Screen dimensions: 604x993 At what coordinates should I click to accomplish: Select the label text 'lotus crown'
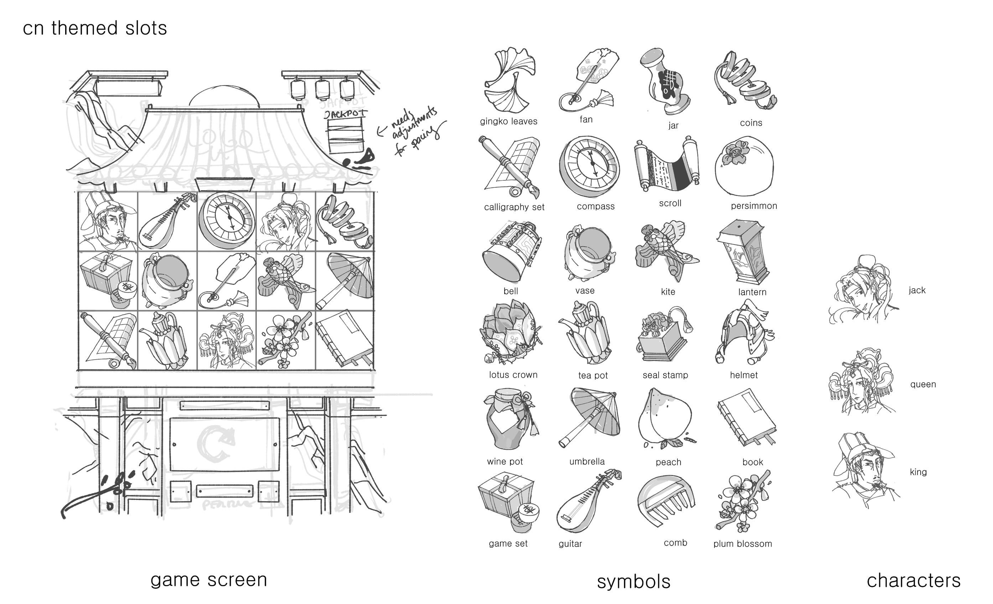[x=513, y=375]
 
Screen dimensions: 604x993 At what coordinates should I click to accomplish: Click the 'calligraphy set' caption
[x=514, y=207]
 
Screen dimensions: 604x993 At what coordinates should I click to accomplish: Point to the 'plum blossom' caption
[x=742, y=544]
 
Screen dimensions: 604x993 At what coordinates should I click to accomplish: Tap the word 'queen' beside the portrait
[x=923, y=384]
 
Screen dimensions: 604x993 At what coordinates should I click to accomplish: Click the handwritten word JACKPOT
[x=345, y=113]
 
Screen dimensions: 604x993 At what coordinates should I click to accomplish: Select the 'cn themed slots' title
[x=95, y=28]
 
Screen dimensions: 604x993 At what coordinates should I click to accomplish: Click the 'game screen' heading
[x=209, y=580]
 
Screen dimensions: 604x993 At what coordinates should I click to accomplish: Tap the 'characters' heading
[x=914, y=580]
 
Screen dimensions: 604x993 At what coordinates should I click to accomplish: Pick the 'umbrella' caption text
[x=587, y=462]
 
